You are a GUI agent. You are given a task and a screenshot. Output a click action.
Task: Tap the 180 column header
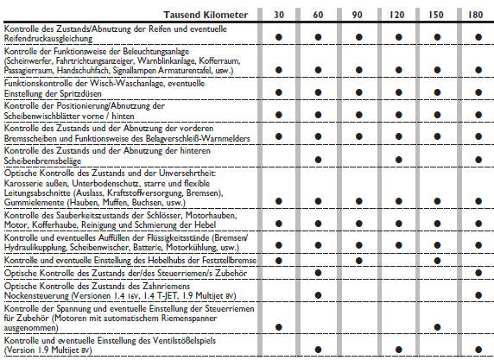pos(477,15)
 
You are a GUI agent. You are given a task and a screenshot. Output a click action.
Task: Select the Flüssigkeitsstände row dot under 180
pos(477,243)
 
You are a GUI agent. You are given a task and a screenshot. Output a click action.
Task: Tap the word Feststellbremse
pos(225,259)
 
